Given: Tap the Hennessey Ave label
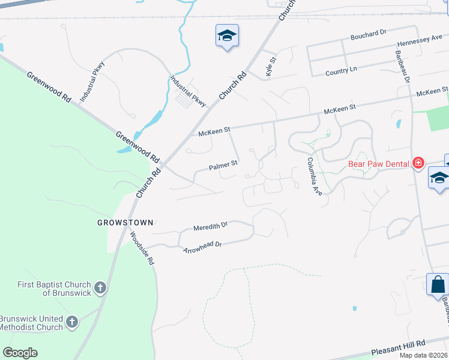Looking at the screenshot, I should tap(420, 41).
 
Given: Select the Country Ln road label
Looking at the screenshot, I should tap(341, 71).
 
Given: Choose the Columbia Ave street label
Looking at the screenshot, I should tap(315, 176).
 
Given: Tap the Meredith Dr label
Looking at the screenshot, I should tap(211, 227).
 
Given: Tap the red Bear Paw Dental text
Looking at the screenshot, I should tap(379, 163).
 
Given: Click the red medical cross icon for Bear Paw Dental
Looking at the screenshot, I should tap(418, 163).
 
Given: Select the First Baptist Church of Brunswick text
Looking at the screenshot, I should tap(46, 289).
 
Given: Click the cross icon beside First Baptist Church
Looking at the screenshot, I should tap(100, 289).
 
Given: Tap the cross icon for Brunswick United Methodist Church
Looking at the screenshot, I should tap(71, 323).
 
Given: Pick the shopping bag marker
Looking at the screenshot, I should tap(438, 284).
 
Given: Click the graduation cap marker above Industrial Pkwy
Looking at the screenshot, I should tap(227, 36).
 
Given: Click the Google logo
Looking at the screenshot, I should tap(20, 353).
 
